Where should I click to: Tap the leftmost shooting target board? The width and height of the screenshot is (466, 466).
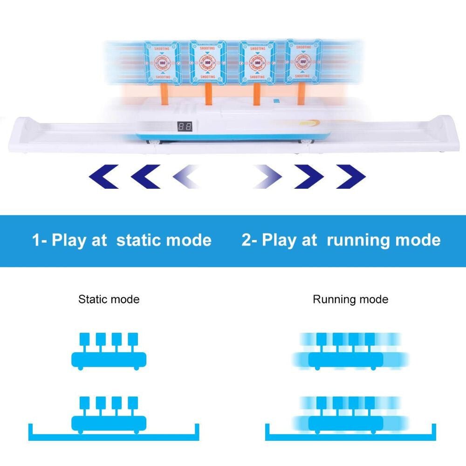(162, 63)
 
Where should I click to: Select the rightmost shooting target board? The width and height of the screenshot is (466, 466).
(303, 62)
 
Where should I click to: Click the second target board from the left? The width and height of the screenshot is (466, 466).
(208, 63)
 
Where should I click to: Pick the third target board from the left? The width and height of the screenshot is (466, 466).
(257, 63)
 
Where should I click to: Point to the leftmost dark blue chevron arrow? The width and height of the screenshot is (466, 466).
(103, 176)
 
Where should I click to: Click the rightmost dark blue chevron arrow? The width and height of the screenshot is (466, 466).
(351, 176)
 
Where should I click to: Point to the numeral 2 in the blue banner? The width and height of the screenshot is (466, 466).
(247, 240)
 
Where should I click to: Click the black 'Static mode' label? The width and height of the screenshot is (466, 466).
(109, 299)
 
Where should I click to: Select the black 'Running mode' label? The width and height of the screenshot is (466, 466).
(350, 299)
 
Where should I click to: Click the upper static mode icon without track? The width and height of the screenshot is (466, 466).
(109, 352)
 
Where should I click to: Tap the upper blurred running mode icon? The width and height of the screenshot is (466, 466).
(350, 352)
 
